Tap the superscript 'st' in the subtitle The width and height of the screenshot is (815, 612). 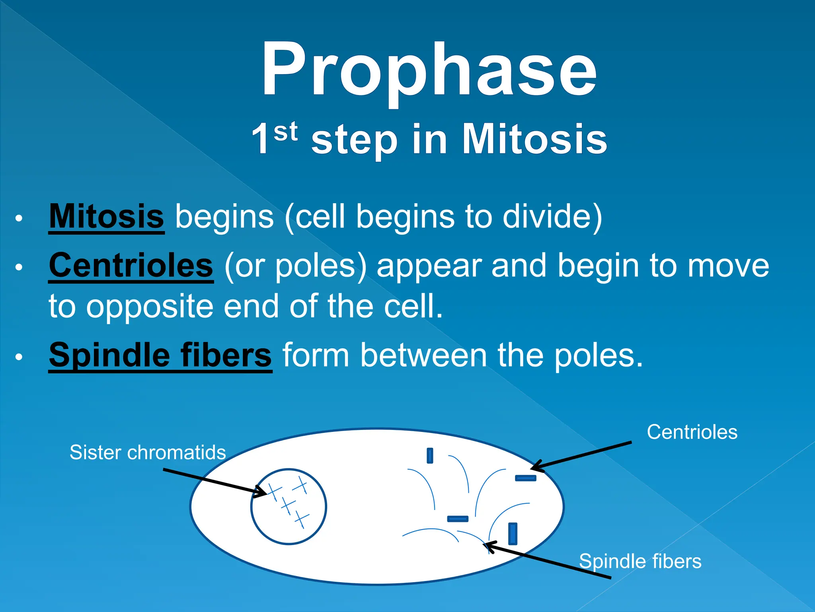(x=285, y=132)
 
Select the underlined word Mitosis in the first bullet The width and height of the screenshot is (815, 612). (x=106, y=216)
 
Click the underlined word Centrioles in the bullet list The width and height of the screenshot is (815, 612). (x=131, y=265)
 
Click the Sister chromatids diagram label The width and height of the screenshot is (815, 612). (x=148, y=453)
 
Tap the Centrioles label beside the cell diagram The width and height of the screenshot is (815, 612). (x=692, y=432)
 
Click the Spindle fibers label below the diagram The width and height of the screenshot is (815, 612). (x=640, y=561)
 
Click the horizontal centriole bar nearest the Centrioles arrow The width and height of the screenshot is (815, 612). (x=525, y=478)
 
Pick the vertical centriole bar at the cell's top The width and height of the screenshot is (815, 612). (x=430, y=455)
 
